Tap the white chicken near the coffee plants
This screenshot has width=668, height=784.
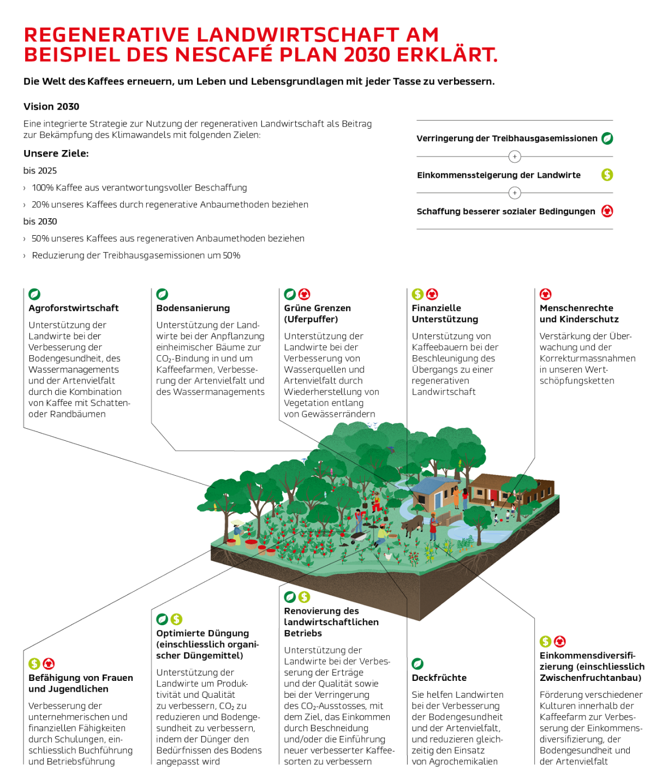[387, 556]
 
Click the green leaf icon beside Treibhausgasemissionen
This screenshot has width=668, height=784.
[607, 139]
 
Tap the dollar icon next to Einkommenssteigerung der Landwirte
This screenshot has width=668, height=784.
[607, 175]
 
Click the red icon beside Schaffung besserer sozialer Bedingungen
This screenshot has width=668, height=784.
[607, 211]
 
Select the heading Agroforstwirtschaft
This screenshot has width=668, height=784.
[74, 308]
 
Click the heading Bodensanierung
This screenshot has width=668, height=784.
[193, 308]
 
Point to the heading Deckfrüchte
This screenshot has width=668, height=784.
[439, 678]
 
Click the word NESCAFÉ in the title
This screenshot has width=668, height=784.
[223, 55]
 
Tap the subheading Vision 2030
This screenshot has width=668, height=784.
[51, 106]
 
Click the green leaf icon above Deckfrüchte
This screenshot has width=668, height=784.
[417, 663]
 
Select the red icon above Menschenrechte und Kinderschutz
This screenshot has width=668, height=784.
[545, 294]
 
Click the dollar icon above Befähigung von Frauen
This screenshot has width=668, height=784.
[34, 663]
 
